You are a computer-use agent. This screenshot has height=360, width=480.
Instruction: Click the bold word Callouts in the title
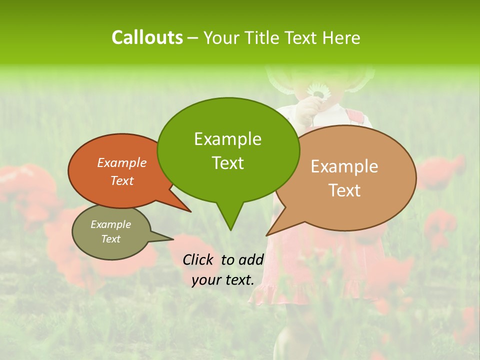tap(147, 37)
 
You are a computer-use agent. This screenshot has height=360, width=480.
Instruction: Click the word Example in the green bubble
tap(227, 138)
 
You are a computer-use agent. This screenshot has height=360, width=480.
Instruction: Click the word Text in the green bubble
tap(227, 162)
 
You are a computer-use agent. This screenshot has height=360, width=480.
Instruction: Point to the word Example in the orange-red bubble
tap(122, 162)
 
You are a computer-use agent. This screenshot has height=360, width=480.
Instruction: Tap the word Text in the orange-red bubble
tap(122, 180)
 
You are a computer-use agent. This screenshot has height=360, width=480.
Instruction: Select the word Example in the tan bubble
tap(344, 166)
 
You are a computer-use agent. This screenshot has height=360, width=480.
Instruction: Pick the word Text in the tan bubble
tap(344, 190)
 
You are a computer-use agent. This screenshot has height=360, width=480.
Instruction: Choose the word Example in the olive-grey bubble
tap(110, 224)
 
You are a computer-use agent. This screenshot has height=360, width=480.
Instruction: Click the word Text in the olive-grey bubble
tap(110, 239)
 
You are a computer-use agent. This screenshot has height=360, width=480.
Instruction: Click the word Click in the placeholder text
tap(198, 259)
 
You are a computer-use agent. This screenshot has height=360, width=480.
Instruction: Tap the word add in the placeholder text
tap(251, 259)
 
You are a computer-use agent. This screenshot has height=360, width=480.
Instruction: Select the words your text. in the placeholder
tap(223, 280)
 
